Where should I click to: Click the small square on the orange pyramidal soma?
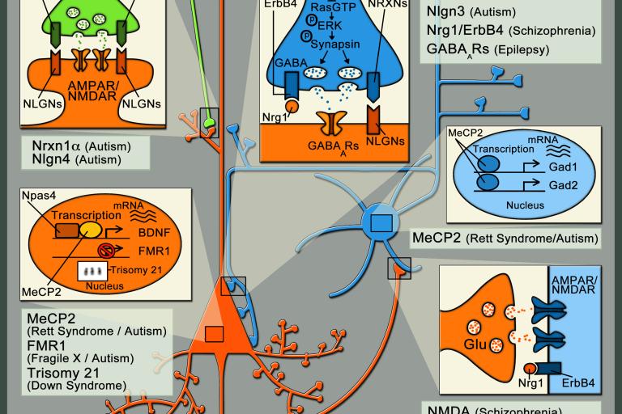(215, 332)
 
